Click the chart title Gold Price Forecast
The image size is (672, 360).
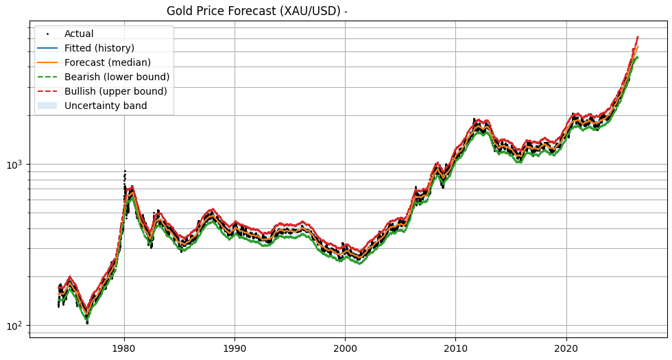coord(254,11)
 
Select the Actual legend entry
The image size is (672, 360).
coord(79,34)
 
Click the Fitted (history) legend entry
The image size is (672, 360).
coord(99,48)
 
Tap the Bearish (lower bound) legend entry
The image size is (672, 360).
coord(117,77)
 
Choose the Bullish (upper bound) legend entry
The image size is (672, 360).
coord(115,91)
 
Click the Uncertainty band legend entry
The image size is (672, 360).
coord(106,106)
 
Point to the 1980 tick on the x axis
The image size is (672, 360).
coord(124,348)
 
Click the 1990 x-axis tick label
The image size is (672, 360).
coord(235,348)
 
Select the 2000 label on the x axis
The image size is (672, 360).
coord(345,348)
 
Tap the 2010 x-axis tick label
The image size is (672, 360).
coord(455,348)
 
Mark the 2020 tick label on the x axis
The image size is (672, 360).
coord(566,348)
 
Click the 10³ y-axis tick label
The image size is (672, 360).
coord(15,165)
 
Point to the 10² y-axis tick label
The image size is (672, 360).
coord(15,325)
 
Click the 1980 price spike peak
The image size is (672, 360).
coord(125,171)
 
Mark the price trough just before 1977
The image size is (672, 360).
coord(87,322)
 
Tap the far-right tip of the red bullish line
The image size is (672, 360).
coord(638,37)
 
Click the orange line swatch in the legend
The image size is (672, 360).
coord(48,62)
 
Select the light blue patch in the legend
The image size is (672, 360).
coord(48,106)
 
